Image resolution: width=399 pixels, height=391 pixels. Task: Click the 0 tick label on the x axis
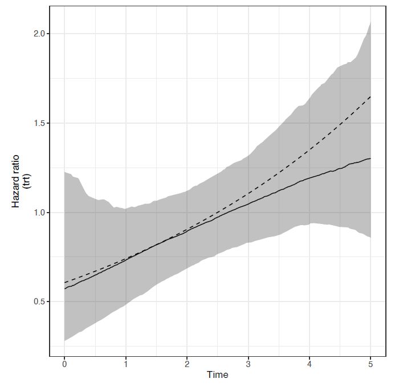click(x=64, y=364)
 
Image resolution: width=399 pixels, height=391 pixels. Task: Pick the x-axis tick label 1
click(x=126, y=364)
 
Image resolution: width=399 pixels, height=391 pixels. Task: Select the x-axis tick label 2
click(x=187, y=364)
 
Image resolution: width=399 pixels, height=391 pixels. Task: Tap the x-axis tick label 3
click(x=248, y=364)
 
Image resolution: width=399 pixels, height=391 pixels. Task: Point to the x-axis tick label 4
click(x=310, y=364)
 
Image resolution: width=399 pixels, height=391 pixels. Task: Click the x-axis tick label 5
click(x=370, y=364)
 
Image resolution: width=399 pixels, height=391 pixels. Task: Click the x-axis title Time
click(x=218, y=375)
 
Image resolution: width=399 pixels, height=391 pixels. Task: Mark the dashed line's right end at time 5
click(x=370, y=96)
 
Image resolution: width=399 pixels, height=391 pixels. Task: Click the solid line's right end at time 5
click(x=370, y=158)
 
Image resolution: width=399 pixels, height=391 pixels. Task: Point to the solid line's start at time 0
click(x=64, y=289)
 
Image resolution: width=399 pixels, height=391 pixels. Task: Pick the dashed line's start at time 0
click(x=64, y=283)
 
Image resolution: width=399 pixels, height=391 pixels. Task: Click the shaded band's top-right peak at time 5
click(x=370, y=22)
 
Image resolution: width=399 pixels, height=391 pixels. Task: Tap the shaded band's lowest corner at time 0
click(x=64, y=341)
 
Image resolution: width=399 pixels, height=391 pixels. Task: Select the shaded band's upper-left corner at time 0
click(x=64, y=172)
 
